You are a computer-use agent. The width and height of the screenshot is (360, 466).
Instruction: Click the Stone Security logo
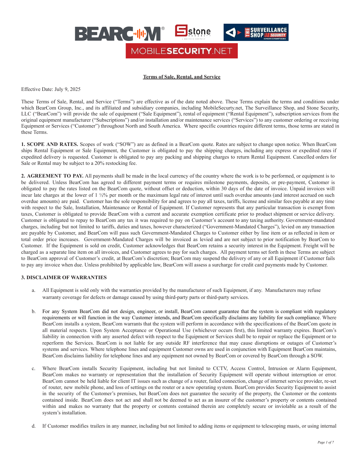pyautogui.click(x=193, y=32)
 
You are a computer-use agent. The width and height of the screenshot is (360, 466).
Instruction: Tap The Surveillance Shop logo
pyautogui.click(x=256, y=32)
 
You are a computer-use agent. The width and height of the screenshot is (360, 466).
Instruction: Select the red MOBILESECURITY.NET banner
pyautogui.click(x=182, y=51)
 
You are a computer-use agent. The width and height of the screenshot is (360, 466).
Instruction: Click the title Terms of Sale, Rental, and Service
pyautogui.click(x=182, y=77)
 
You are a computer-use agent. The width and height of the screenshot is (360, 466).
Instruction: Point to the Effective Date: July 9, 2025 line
pyautogui.click(x=51, y=89)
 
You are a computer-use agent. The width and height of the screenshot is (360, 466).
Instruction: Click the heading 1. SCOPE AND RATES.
pyautogui.click(x=50, y=144)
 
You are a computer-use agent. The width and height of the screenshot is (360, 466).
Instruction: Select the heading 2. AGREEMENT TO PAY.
pyautogui.click(x=52, y=176)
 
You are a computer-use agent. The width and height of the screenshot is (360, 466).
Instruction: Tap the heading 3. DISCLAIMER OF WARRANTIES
pyautogui.click(x=64, y=277)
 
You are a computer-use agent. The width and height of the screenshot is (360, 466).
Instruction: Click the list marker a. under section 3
pyautogui.click(x=34, y=290)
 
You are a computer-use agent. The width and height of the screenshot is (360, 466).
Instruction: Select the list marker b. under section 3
pyautogui.click(x=34, y=312)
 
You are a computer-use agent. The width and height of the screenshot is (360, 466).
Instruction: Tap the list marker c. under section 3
pyautogui.click(x=34, y=369)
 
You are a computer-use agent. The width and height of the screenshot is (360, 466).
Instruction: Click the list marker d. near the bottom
pyautogui.click(x=34, y=426)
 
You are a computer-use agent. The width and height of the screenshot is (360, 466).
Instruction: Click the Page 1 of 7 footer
pyautogui.click(x=326, y=442)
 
